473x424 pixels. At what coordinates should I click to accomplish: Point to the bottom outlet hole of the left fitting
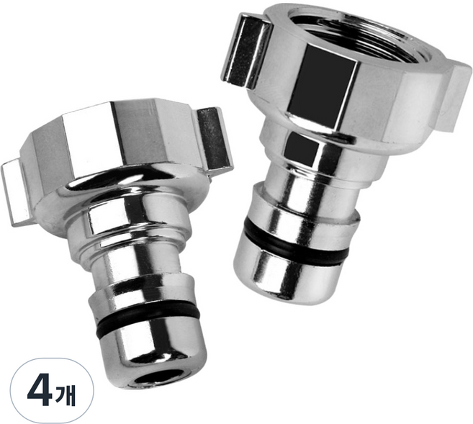click(x=156, y=377)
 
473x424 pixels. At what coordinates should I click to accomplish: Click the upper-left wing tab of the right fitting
click(x=245, y=50)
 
